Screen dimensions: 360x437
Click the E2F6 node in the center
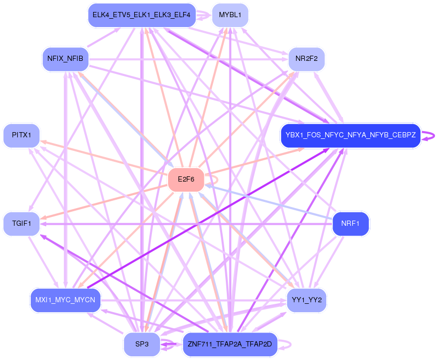click(x=186, y=179)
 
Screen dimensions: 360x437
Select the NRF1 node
click(x=350, y=224)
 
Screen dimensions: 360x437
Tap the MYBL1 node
click(x=230, y=15)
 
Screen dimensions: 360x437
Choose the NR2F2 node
click(x=306, y=59)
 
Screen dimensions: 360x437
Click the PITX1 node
click(x=21, y=135)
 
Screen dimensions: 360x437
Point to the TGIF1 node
click(x=21, y=224)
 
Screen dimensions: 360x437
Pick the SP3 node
click(x=142, y=344)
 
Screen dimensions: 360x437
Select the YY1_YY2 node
click(x=306, y=300)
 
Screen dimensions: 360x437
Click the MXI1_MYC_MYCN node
click(x=65, y=300)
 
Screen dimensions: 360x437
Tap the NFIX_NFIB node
click(x=65, y=59)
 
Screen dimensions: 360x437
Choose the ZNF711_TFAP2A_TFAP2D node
click(x=230, y=344)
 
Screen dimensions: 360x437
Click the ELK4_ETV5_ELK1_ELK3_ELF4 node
click(x=142, y=15)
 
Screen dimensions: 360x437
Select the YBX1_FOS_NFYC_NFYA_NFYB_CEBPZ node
click(x=350, y=135)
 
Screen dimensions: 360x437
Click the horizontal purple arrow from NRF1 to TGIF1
click(x=182, y=224)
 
